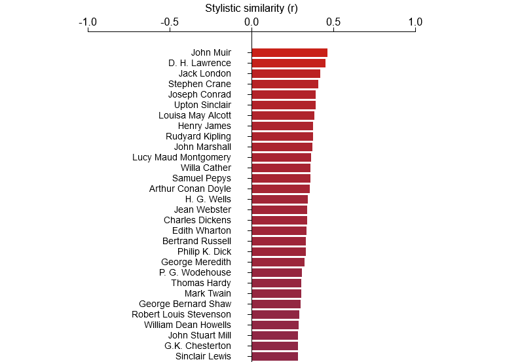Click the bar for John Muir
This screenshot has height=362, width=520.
[x=289, y=52]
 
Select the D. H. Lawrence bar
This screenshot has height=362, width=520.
[x=288, y=63]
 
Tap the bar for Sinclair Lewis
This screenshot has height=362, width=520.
[x=274, y=356]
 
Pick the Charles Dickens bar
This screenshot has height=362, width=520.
[x=279, y=220]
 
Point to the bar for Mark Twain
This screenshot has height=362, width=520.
[x=276, y=293]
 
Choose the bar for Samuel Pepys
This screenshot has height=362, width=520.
[x=281, y=178]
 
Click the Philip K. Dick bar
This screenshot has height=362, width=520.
[x=278, y=251]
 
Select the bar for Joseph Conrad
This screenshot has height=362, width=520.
[x=284, y=94]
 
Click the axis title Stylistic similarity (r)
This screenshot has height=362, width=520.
[x=251, y=8]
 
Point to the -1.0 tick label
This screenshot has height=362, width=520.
[x=88, y=22]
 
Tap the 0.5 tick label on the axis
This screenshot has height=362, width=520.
[x=333, y=22]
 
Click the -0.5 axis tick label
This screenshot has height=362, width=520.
[x=170, y=22]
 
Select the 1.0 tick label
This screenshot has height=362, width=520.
[x=415, y=22]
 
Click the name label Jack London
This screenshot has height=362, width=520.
[x=204, y=73]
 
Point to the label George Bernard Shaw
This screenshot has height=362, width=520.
[x=185, y=304]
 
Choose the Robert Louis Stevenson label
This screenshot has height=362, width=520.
[x=181, y=314]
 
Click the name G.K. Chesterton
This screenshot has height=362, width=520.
[x=197, y=346]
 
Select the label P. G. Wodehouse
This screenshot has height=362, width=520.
[x=195, y=272]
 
